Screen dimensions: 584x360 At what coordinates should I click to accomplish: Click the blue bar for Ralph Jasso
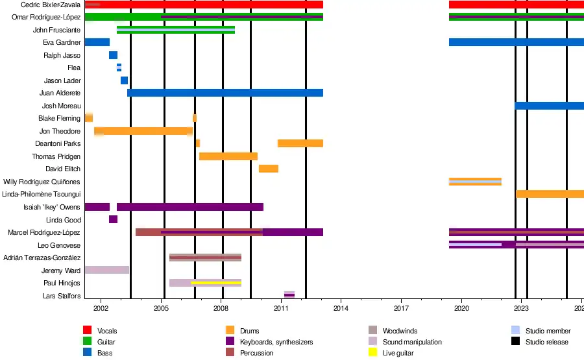(113, 55)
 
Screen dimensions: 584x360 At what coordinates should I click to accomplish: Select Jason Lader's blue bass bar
(124, 80)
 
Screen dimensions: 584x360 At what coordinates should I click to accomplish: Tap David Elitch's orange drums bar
(269, 169)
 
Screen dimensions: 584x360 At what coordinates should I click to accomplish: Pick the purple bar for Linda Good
(113, 219)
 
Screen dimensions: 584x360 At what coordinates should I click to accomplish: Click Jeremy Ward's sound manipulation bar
(107, 270)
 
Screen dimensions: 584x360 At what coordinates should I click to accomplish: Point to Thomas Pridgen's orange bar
(228, 156)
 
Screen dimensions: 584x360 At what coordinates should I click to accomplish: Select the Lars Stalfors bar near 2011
(289, 295)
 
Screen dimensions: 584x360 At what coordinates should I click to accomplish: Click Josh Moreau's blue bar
(550, 106)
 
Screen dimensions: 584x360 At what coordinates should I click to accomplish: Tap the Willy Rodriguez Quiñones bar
(475, 182)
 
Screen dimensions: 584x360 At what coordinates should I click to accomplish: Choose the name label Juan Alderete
(60, 93)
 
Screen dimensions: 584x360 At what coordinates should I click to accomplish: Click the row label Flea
(74, 67)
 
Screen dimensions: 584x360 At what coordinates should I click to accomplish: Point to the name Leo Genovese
(59, 245)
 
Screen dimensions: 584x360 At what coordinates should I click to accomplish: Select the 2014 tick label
(341, 308)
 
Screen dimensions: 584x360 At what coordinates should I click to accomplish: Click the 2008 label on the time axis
(221, 308)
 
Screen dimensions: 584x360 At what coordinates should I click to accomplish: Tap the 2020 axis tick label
(461, 308)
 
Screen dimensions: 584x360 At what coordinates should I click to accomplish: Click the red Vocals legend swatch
(87, 330)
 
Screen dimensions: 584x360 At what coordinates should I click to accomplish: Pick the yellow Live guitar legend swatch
(373, 352)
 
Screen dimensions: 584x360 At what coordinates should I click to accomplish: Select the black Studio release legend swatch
(515, 341)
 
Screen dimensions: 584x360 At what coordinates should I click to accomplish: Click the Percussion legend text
(256, 353)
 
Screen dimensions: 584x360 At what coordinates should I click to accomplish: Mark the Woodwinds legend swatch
(373, 330)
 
